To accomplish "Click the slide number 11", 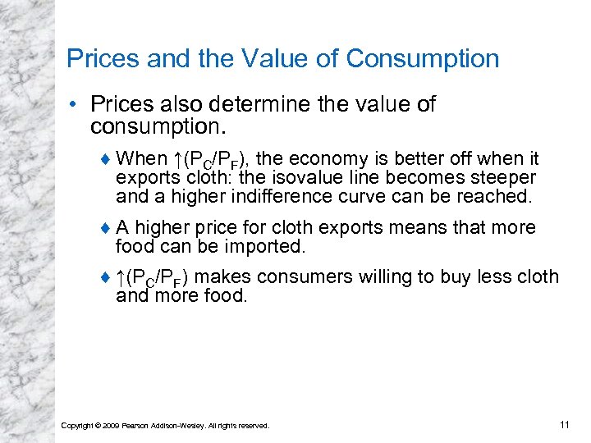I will pyautogui.click(x=563, y=424).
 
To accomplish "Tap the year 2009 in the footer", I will pyautogui.click(x=108, y=425).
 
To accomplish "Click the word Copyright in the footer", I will pyautogui.click(x=76, y=425).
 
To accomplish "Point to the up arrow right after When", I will pyautogui.click(x=177, y=158).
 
